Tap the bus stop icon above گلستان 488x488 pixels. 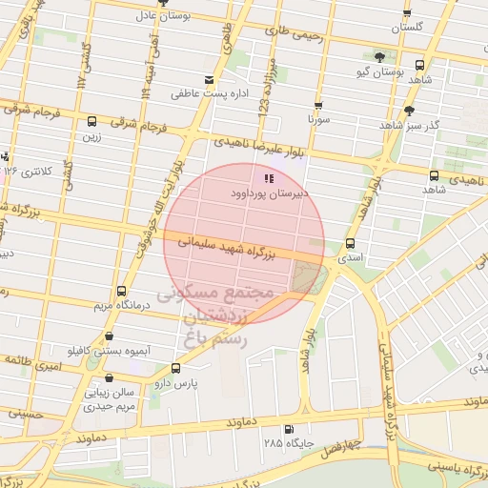(x=407, y=14)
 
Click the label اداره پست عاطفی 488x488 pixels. (x=202, y=94)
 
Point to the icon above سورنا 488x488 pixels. (x=317, y=106)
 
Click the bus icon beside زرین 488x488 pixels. (x=91, y=121)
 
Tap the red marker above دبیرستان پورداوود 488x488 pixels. (x=270, y=177)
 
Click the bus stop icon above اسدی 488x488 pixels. (x=350, y=243)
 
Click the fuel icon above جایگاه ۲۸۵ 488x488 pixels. (x=289, y=430)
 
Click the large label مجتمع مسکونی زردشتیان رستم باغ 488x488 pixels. (x=215, y=315)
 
